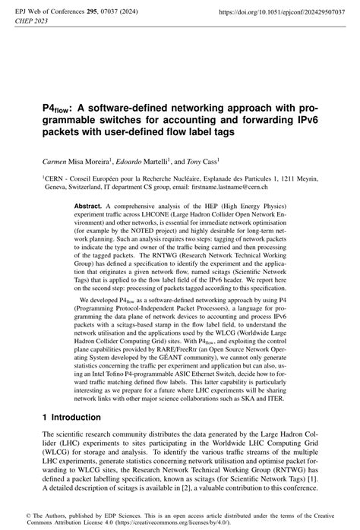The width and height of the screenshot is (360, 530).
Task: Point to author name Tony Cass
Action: click(x=202, y=162)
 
